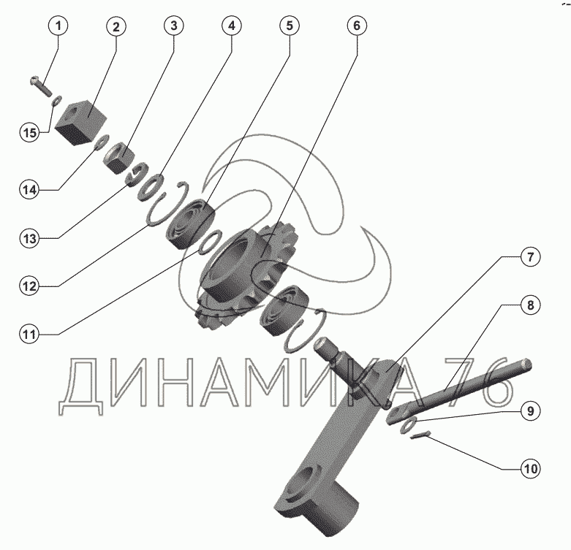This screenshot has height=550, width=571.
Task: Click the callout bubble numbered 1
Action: tap(58, 26)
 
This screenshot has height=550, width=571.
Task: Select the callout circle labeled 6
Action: tap(357, 26)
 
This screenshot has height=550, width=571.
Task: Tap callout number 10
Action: tap(530, 468)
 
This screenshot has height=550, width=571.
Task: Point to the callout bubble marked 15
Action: tap(29, 132)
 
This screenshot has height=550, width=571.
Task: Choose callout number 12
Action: tap(29, 286)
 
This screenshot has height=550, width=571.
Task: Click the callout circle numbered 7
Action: tap(530, 257)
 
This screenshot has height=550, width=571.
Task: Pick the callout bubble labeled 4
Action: tap(232, 26)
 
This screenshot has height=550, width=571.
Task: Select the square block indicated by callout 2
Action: tap(81, 123)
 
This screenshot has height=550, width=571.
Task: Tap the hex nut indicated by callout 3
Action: tap(119, 158)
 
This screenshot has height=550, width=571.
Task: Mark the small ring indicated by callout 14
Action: tap(102, 142)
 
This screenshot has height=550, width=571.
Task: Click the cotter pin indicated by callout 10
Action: tap(420, 435)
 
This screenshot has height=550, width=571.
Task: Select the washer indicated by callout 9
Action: tap(409, 426)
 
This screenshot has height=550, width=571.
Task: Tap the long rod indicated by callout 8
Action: tap(459, 392)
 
